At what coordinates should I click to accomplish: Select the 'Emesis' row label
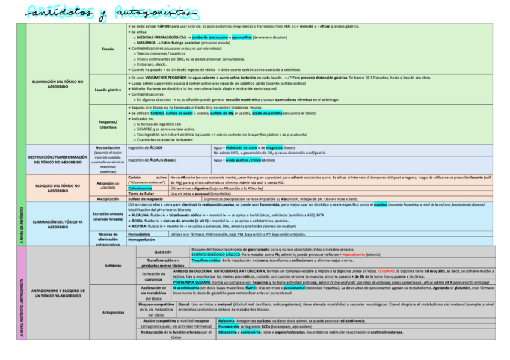108,49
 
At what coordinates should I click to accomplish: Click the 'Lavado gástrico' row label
108,90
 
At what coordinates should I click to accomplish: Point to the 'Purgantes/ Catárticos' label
108,124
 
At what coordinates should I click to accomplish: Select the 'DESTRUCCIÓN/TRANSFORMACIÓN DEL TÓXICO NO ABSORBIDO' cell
58,159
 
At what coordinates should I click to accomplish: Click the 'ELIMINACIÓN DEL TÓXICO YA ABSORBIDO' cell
58,224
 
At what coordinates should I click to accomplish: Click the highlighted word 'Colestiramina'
140,188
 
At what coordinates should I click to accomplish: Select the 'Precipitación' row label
108,198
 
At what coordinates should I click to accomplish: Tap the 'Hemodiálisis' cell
140,234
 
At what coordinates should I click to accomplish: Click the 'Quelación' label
163,251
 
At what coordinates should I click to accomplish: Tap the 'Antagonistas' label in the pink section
108,312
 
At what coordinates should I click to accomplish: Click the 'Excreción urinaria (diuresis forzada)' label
108,216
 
